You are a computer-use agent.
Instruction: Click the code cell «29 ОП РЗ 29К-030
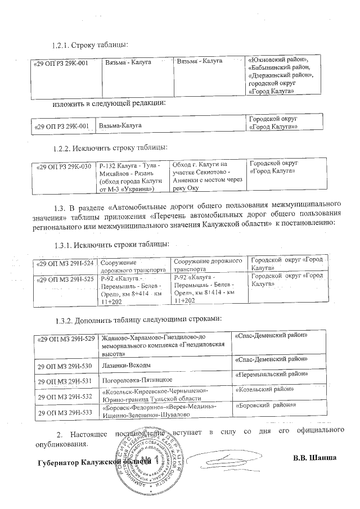coord(63,166)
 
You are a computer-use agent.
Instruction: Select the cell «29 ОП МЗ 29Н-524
coord(65,263)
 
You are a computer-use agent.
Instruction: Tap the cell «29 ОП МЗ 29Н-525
coord(65,279)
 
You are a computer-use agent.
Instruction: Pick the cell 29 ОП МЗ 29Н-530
coord(64,366)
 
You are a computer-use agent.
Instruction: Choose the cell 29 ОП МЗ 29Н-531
coord(64,381)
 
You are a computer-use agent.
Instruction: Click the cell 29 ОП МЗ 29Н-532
coord(64,397)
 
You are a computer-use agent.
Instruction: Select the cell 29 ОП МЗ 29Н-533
coord(64,412)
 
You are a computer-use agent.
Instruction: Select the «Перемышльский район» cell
coord(270,374)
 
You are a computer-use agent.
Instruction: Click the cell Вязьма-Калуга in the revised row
coord(120,127)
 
